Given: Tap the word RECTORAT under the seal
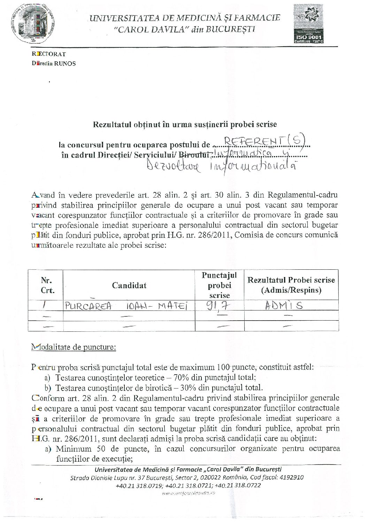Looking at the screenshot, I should (x=49, y=54).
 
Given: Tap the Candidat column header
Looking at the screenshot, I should (x=129, y=285).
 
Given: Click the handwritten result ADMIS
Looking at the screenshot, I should (x=283, y=306).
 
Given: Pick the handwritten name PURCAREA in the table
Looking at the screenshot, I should (x=88, y=306).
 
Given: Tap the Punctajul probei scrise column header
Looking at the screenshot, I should (x=219, y=285).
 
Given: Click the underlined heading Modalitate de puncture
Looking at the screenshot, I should (x=74, y=347).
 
